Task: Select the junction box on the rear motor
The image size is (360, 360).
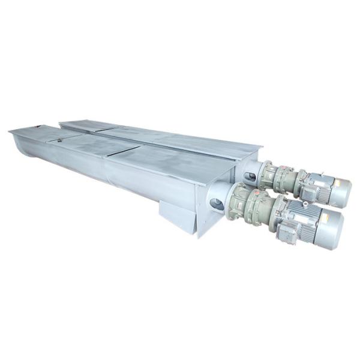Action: point(307,191)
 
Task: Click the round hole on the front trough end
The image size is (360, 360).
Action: point(217,204)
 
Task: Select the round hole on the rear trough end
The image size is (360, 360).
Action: point(250,177)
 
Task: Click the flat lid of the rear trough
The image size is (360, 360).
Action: point(180,138)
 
